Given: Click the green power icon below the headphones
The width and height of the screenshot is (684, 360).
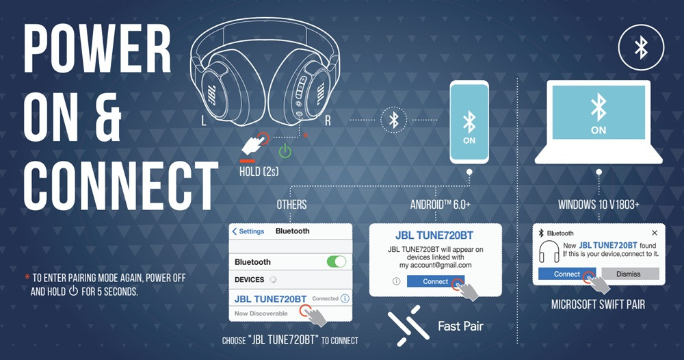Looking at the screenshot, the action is (285, 151).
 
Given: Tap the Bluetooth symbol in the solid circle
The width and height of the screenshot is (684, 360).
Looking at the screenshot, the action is (641, 47).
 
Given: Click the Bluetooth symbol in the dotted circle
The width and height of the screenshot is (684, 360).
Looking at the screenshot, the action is (393, 120).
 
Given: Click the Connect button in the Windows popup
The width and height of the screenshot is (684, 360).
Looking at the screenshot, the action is (566, 274).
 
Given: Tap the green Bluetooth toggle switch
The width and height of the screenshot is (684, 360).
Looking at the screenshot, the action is (337, 261).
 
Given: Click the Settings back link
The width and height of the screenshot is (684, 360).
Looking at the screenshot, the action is (248, 231).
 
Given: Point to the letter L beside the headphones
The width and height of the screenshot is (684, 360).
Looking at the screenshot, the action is (203, 121).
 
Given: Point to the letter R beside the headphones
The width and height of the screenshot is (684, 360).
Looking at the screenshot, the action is (328, 121).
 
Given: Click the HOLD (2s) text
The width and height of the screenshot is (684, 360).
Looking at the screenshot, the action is (259, 172).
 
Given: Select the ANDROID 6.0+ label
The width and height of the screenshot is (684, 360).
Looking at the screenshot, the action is (440, 204).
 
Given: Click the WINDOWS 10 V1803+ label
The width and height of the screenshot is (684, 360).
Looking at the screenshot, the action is (598, 204).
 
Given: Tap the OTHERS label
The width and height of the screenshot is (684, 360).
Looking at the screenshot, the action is (291, 204).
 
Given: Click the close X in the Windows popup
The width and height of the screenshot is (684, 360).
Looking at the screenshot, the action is (655, 233).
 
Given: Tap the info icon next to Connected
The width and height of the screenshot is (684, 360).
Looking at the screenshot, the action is (345, 298).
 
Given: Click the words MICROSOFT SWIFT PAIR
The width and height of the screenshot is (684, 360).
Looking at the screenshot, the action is (598, 304).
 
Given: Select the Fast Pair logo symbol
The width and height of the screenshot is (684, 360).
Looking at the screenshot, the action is (404, 326).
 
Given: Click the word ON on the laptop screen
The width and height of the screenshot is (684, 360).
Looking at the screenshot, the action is (598, 130).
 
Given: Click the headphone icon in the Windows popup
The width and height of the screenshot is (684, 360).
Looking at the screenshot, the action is (549, 251).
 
